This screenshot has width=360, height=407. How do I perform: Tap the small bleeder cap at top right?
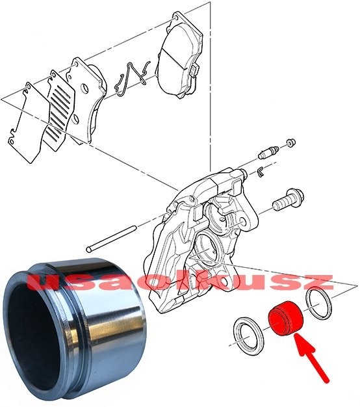tap(290, 142)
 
